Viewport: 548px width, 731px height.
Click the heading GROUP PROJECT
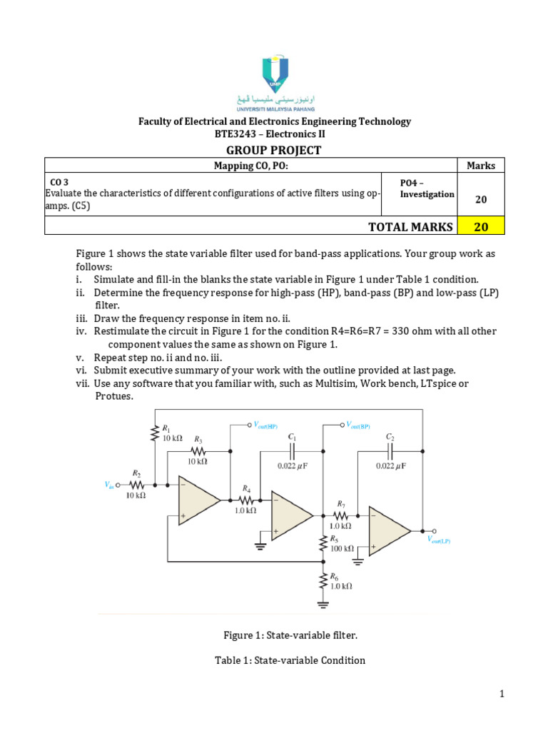pos(274,150)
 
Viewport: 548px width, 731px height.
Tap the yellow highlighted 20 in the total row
pos(482,226)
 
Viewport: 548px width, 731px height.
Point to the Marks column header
pos(481,166)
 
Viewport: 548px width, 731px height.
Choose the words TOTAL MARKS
pos(410,226)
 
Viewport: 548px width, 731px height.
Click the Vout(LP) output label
pos(439,540)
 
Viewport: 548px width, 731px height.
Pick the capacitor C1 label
pos(292,436)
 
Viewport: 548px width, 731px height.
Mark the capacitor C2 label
pos(390,436)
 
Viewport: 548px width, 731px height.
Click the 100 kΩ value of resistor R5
pos(342,548)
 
